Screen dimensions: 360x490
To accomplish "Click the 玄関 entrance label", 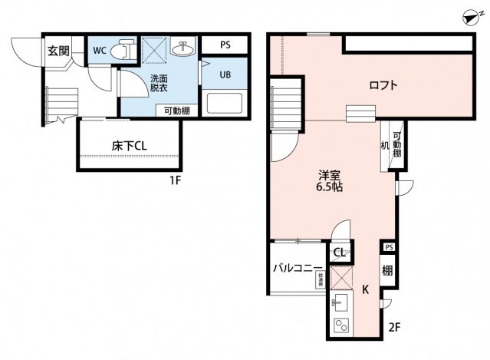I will click(58, 51).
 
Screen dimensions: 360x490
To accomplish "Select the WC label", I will click(100, 51).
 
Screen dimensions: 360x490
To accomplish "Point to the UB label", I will click(225, 75).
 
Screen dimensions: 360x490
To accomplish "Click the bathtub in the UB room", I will click(224, 104).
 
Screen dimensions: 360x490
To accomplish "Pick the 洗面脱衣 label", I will click(159, 83).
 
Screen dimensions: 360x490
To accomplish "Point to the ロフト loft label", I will click(383, 85).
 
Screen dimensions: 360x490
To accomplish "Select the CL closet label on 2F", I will click(339, 253).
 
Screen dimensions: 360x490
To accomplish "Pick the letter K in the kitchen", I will click(367, 289).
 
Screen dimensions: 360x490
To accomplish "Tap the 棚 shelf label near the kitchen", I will click(388, 270).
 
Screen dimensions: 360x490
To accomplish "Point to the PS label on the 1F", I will click(225, 45).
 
